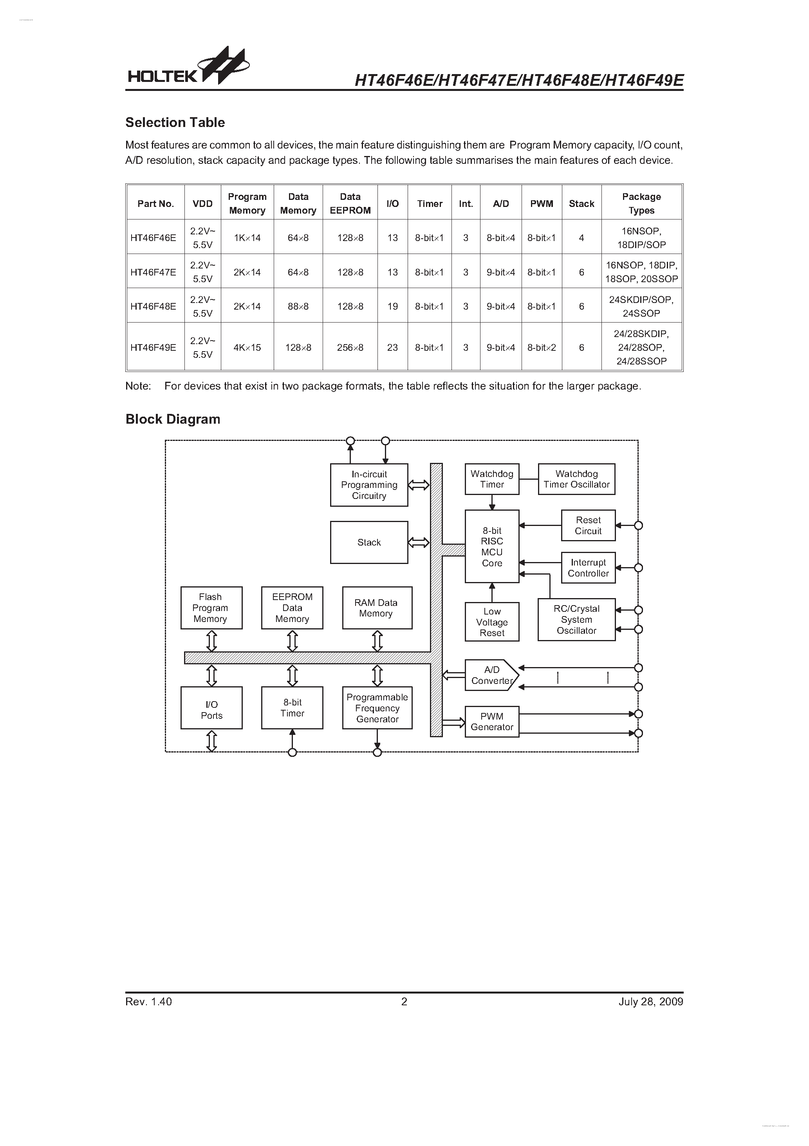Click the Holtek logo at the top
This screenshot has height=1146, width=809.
(x=188, y=68)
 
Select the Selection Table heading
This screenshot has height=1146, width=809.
(x=175, y=122)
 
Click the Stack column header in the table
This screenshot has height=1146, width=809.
(x=581, y=204)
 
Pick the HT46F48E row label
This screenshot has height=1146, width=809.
(x=153, y=306)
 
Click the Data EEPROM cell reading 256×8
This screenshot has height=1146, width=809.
(x=350, y=347)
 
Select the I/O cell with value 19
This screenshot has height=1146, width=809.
(x=392, y=306)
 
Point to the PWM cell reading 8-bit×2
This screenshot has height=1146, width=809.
(x=541, y=347)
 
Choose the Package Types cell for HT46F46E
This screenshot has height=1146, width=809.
(x=641, y=238)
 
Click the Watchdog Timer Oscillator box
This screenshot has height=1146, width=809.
(x=576, y=479)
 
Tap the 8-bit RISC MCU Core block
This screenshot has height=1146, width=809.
(x=492, y=547)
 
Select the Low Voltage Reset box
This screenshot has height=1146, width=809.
(x=492, y=622)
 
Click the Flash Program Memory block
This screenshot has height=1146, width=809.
(x=211, y=608)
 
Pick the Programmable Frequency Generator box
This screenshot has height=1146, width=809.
(x=377, y=708)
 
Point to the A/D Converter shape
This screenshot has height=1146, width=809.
(x=491, y=675)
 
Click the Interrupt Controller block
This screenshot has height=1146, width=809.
(x=588, y=568)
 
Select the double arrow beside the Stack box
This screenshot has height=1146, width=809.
(x=419, y=542)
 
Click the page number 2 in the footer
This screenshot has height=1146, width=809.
(x=404, y=1002)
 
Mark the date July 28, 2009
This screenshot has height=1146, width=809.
(x=650, y=1002)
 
